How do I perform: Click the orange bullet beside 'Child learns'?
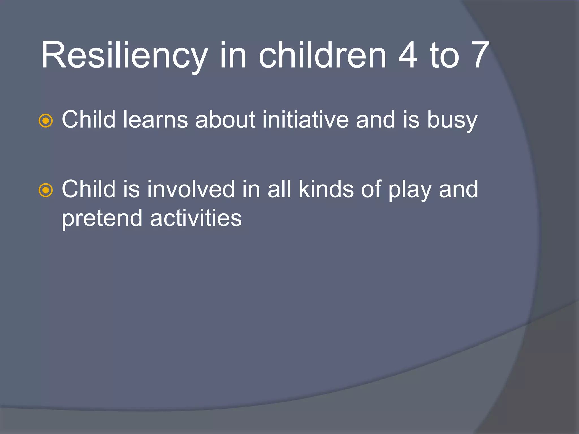tap(46, 121)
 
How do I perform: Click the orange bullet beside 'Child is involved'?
tap(46, 190)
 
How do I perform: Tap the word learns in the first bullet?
tap(155, 120)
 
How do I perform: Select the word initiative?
tap(305, 120)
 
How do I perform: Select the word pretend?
tap(102, 218)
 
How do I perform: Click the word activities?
tap(196, 218)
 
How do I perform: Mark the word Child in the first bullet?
tap(89, 120)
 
